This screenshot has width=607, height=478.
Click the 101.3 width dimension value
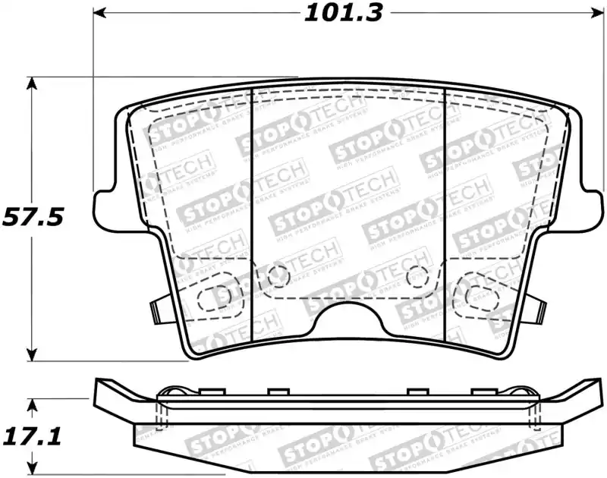coord(344,13)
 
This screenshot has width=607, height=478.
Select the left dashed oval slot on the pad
coord(215,295)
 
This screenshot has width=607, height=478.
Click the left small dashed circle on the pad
coord(275,275)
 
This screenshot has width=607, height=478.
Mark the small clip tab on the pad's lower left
coord(157,309)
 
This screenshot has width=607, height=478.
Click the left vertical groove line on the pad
coord(251,212)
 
